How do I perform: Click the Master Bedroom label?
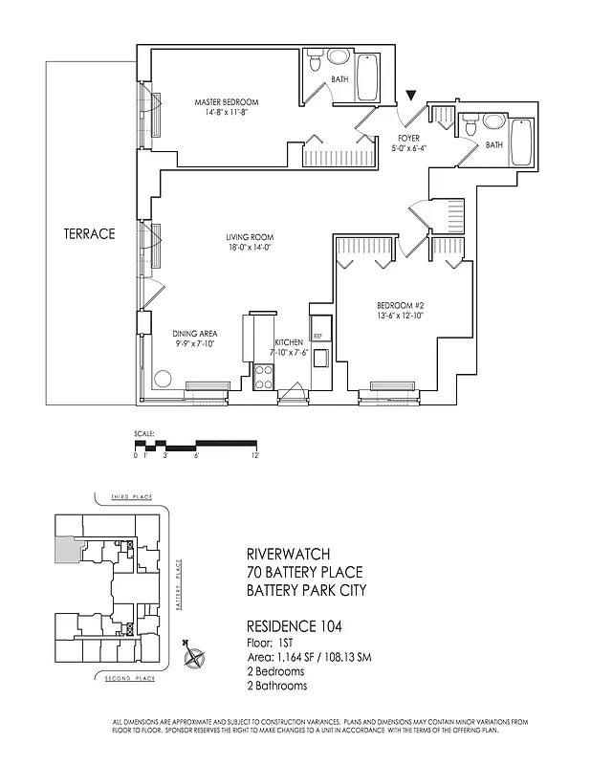pyautogui.click(x=227, y=102)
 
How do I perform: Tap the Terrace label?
pyautogui.click(x=90, y=232)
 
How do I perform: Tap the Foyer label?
pyautogui.click(x=409, y=138)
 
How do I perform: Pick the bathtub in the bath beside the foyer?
pyautogui.click(x=521, y=143)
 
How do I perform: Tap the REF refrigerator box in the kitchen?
pyautogui.click(x=317, y=337)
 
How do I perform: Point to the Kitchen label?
pyautogui.click(x=289, y=341)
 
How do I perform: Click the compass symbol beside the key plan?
pyautogui.click(x=195, y=658)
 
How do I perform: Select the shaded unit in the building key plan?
pyautogui.click(x=64, y=549)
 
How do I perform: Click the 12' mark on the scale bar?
pyautogui.click(x=256, y=456)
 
